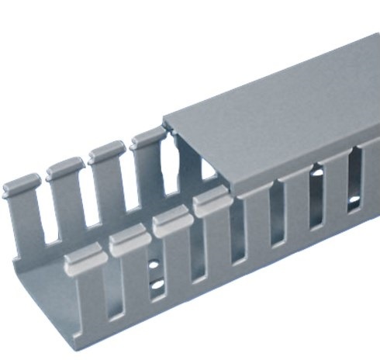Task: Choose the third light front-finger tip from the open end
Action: [171, 224]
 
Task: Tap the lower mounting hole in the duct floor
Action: [157, 286]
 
